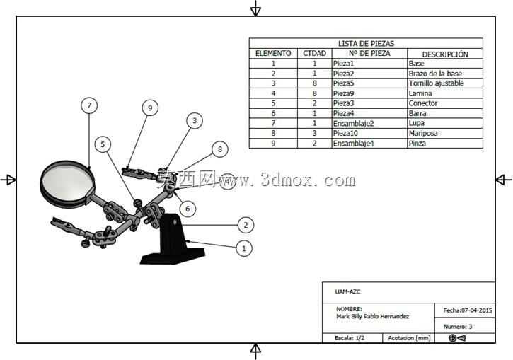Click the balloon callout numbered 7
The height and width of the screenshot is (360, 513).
89,105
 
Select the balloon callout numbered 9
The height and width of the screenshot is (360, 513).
150,108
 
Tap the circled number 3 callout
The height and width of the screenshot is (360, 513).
195,121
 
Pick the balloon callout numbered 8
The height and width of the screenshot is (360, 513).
220,149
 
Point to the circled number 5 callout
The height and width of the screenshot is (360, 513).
103,144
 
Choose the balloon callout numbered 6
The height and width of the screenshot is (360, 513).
188,209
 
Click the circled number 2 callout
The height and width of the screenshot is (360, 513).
246,225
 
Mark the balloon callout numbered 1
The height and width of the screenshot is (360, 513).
243,248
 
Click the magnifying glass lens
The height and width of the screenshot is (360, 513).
67,182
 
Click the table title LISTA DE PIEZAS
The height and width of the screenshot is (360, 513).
366,43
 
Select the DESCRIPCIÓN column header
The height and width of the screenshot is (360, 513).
445,54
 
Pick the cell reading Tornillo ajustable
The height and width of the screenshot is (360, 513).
436,83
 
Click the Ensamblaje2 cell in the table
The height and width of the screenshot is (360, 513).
353,123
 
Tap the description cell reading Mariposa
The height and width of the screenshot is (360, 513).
423,133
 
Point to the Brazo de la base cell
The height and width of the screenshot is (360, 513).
435,74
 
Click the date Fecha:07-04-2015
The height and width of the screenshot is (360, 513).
468,310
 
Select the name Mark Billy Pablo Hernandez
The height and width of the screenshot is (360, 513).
373,317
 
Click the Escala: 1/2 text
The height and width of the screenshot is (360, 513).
350,338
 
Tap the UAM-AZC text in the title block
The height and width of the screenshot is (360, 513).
347,291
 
